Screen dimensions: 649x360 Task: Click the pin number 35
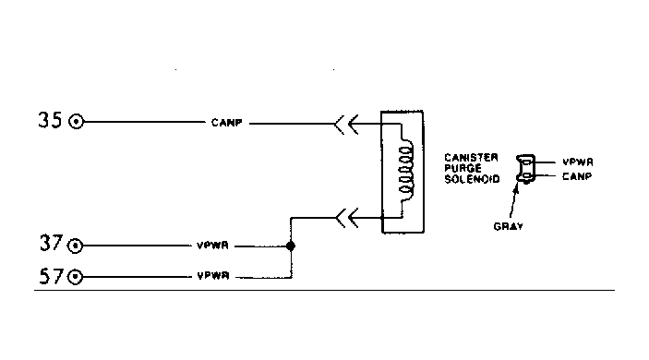(x=50, y=120)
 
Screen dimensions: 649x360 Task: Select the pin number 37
(x=52, y=243)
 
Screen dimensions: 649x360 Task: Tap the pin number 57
(x=52, y=276)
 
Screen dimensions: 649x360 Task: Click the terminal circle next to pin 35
(x=76, y=122)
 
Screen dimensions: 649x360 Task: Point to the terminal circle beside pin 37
(x=76, y=246)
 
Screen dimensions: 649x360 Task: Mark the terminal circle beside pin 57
(x=76, y=277)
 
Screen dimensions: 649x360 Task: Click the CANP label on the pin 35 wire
(x=227, y=123)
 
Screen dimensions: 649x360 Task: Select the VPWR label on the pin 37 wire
(x=212, y=246)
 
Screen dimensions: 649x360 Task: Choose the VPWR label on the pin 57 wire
(x=213, y=276)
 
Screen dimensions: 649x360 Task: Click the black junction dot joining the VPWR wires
(x=291, y=246)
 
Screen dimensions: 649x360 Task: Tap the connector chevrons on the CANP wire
(x=346, y=124)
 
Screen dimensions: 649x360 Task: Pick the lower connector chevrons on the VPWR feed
(x=347, y=218)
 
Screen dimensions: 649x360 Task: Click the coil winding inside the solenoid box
(x=406, y=171)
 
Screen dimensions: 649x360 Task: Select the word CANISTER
(x=471, y=158)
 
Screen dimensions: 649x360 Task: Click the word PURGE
(x=463, y=168)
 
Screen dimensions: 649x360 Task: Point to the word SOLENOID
(x=473, y=179)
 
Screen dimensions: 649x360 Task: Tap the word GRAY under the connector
(x=509, y=226)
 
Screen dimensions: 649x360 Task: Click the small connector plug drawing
(x=526, y=169)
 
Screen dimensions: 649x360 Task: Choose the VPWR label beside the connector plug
(x=578, y=162)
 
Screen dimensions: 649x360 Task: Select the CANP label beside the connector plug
(x=577, y=176)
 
